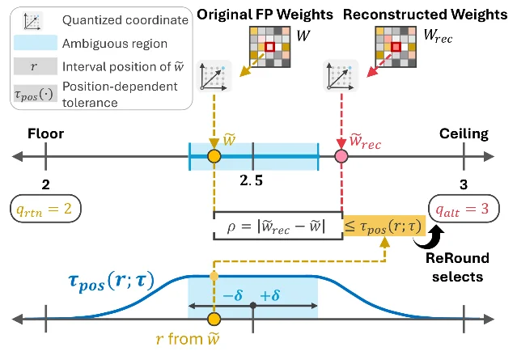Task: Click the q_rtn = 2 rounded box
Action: (x=46, y=209)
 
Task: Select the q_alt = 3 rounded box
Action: (x=464, y=209)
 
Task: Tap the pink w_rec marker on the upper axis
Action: (x=341, y=156)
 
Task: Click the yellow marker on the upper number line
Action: (x=214, y=156)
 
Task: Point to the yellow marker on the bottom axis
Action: (x=214, y=319)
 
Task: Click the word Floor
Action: (x=46, y=133)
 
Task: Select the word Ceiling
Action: (x=464, y=133)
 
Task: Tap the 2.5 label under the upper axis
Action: (x=252, y=180)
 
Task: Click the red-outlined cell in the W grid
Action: (x=269, y=47)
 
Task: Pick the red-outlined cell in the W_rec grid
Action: (x=396, y=47)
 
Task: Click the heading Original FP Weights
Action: (x=265, y=15)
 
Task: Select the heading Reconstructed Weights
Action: (x=425, y=15)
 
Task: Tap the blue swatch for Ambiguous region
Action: (x=36, y=43)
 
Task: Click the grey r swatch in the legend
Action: (x=36, y=66)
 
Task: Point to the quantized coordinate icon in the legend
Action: (x=33, y=21)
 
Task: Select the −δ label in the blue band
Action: (x=233, y=295)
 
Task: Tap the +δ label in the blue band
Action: (x=270, y=295)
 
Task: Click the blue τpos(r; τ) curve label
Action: (x=111, y=282)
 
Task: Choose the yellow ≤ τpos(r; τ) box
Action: (x=384, y=226)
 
